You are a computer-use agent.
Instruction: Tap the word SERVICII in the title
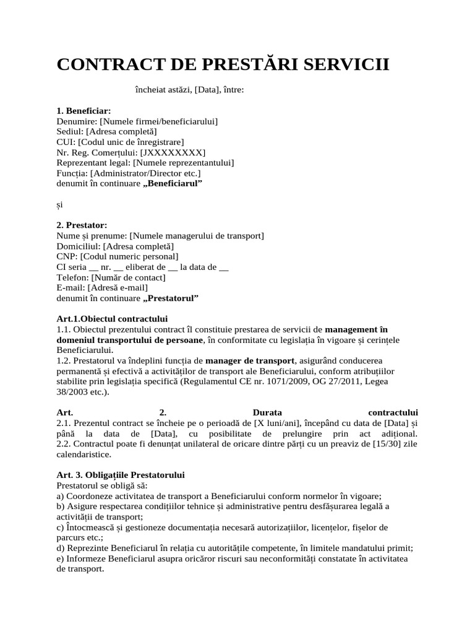(346, 64)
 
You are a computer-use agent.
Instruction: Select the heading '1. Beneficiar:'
(83, 111)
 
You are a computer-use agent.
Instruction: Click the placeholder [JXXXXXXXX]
(173, 152)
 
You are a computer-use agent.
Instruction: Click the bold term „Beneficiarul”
(173, 184)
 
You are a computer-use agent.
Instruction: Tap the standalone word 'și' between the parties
(59, 204)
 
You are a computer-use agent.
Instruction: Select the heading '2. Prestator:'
(82, 225)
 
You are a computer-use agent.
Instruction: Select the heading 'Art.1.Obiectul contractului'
(112, 319)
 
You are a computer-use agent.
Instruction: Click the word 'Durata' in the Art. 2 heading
(267, 412)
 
